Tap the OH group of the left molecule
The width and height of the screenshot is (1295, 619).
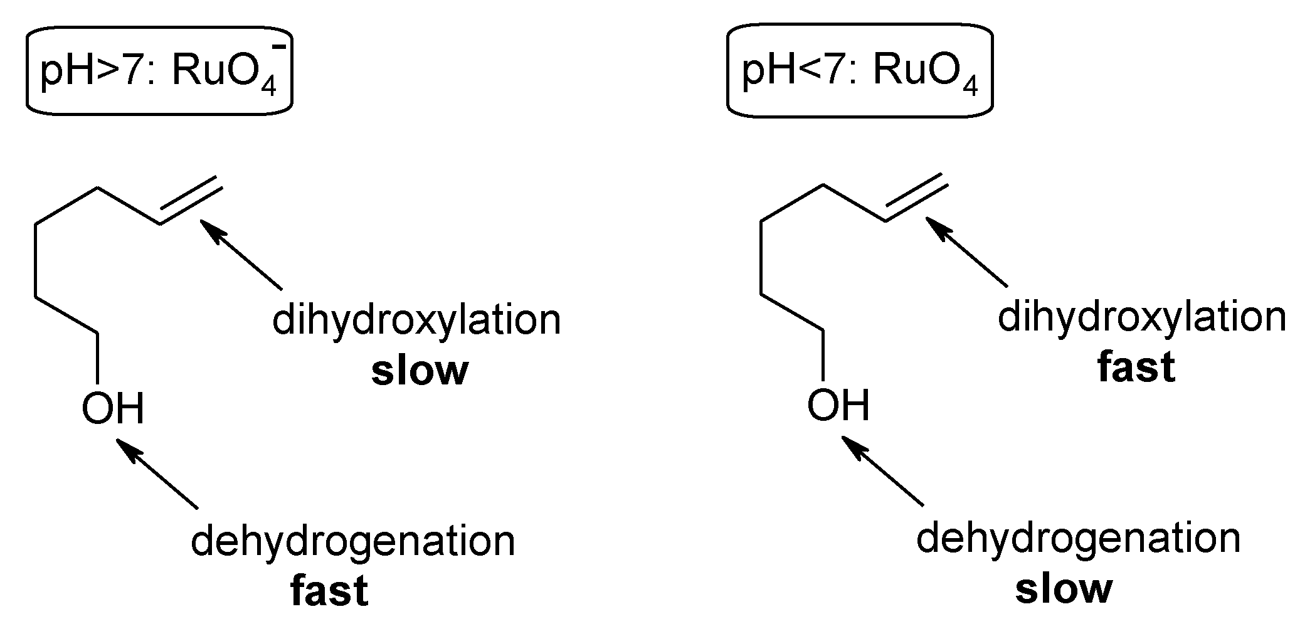click(x=113, y=408)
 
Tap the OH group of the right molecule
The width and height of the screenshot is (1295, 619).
click(x=838, y=405)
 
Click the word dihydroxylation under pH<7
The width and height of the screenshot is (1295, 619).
click(x=1141, y=317)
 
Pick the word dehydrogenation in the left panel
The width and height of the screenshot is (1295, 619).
click(x=352, y=541)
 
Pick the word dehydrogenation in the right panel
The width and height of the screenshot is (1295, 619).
click(x=1078, y=538)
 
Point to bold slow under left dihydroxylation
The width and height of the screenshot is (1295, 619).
click(x=420, y=371)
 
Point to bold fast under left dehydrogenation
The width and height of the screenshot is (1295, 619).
click(x=329, y=591)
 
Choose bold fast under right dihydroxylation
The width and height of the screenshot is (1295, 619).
click(x=1136, y=368)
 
